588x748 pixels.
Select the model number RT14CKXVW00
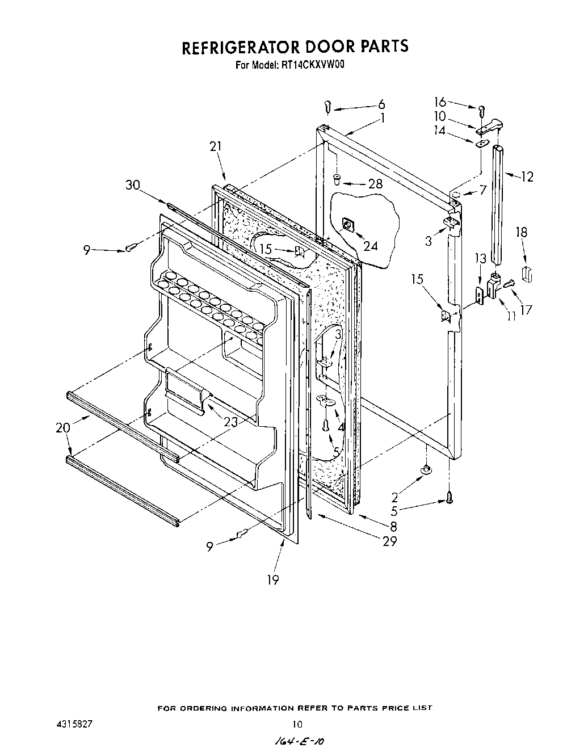tap(313, 65)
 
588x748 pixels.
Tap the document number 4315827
tap(69, 724)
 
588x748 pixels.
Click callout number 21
tap(215, 147)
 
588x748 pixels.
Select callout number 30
tap(134, 185)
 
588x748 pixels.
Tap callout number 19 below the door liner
tap(273, 580)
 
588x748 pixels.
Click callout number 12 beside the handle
tap(527, 177)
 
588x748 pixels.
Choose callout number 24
tap(370, 246)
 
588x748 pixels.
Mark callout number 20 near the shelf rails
tap(63, 428)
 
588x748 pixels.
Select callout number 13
tap(481, 259)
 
